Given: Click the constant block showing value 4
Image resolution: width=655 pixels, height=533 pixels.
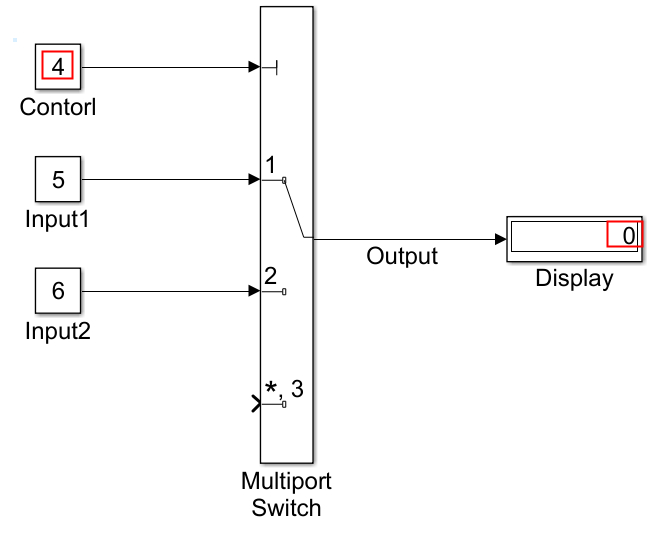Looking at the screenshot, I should [x=58, y=67].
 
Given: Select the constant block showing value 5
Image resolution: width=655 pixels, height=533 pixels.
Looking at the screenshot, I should [x=58, y=179].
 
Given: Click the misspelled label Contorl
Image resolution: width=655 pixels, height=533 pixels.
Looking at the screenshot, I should [x=58, y=106].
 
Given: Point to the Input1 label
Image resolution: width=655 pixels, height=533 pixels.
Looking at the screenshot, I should [x=58, y=218].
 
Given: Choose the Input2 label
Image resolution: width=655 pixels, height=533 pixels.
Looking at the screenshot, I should [x=58, y=330].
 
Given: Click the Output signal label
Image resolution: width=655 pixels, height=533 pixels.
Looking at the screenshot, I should [x=402, y=256].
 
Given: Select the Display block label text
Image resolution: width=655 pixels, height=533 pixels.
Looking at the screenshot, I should [x=574, y=278].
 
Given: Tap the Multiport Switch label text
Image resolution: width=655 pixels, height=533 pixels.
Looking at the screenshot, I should [x=287, y=494].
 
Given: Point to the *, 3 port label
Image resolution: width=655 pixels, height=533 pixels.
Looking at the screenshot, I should [x=284, y=388].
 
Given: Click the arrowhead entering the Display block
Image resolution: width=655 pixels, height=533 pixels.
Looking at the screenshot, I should [x=500, y=239].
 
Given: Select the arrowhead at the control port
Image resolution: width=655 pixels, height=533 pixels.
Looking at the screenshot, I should [x=254, y=67].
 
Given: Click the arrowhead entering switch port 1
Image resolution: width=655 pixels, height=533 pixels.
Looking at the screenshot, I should [x=254, y=179].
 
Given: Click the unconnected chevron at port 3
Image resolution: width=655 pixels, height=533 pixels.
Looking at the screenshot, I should [x=257, y=403].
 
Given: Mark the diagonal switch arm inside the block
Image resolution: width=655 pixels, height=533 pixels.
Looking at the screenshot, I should [x=294, y=209].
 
